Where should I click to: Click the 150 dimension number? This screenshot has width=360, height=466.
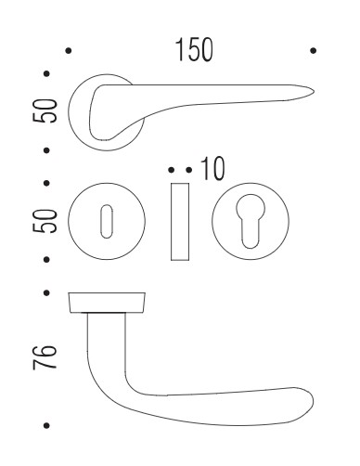click(x=194, y=50)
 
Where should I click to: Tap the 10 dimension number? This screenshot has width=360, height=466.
click(x=212, y=169)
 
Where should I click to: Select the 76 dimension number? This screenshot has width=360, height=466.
click(x=45, y=356)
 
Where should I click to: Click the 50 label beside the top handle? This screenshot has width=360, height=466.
click(x=45, y=110)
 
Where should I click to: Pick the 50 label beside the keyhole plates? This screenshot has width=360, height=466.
click(x=45, y=221)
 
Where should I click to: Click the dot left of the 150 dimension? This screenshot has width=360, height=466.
click(x=69, y=50)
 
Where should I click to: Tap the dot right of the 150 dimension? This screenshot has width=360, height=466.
click(x=313, y=50)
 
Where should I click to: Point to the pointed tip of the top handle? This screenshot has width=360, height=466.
click(x=314, y=92)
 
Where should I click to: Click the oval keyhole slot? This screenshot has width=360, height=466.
click(x=107, y=221)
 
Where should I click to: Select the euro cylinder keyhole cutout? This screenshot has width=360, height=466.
click(x=251, y=221)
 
